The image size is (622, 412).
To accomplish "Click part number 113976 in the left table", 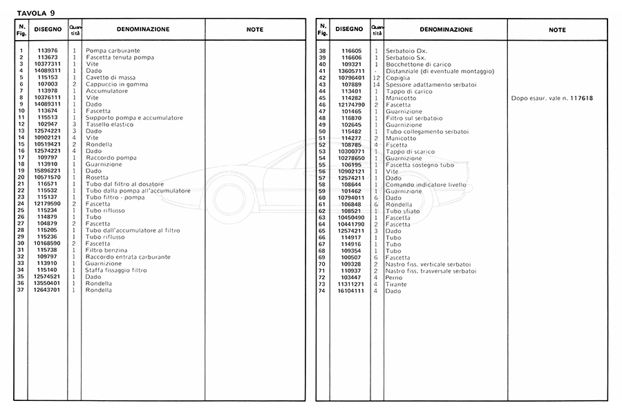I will pyautogui.click(x=48, y=50).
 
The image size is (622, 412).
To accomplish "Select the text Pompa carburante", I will pyautogui.click(x=113, y=50).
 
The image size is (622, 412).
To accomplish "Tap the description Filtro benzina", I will pyautogui.click(x=107, y=250).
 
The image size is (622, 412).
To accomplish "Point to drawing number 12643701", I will pyautogui.click(x=48, y=290).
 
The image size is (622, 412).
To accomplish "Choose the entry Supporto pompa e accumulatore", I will pyautogui.click(x=134, y=117).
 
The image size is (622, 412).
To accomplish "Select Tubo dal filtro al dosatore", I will pyautogui.click(x=124, y=184).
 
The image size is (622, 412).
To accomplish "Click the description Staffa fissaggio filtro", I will pyautogui.click(x=115, y=270).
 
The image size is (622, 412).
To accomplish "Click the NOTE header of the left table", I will pyautogui.click(x=254, y=30).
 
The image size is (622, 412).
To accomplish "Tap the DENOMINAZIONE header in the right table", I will pyautogui.click(x=446, y=30).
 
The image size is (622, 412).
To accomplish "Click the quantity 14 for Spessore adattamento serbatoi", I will pyautogui.click(x=377, y=84).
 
